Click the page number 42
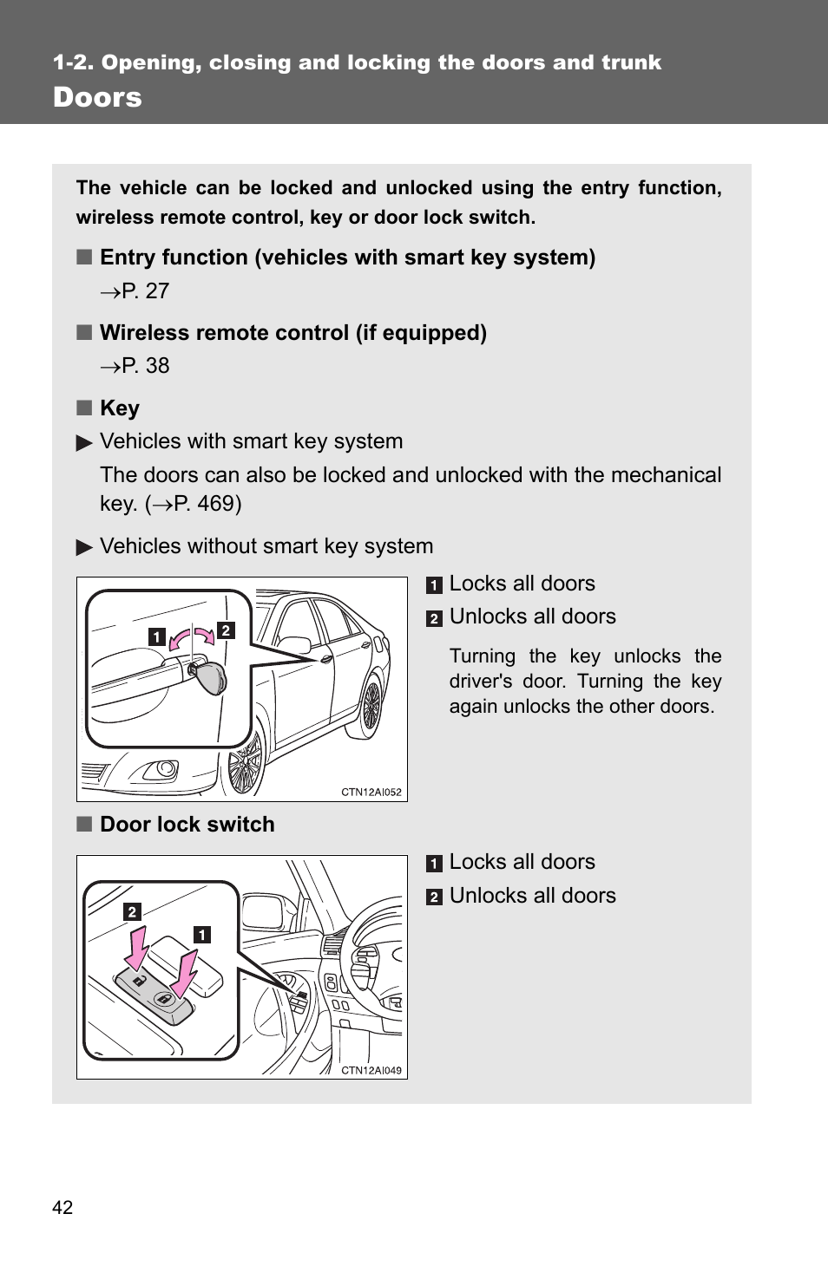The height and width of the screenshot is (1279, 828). tap(62, 1207)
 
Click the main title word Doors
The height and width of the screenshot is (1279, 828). tap(97, 97)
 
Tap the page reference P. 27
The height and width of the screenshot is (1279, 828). tap(145, 291)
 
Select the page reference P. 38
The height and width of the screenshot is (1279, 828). tap(145, 366)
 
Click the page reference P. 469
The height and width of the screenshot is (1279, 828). tap(206, 504)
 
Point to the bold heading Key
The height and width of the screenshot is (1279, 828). tap(120, 408)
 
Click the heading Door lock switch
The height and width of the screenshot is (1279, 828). tap(187, 825)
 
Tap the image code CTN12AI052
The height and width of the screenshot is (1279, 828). tap(371, 792)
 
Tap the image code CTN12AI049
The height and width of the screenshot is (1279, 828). tap(371, 1070)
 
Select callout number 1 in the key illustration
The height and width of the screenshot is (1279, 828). tap(156, 636)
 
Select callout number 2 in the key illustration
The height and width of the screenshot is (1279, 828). tap(226, 630)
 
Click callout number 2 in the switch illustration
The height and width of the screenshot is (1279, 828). tap(132, 911)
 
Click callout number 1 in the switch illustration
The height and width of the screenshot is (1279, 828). tap(201, 935)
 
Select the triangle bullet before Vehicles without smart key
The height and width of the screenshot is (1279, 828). tap(84, 547)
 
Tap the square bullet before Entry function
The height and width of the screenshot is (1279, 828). tap(84, 258)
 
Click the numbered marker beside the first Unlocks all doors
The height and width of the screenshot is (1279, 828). tap(434, 618)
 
